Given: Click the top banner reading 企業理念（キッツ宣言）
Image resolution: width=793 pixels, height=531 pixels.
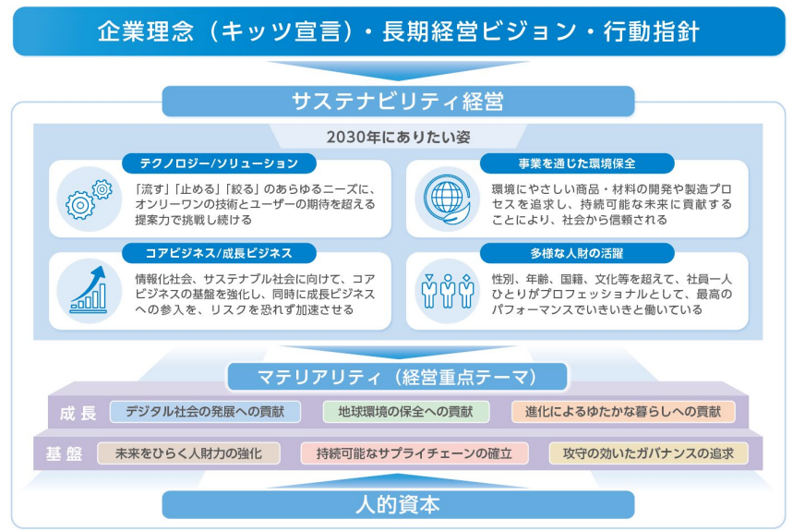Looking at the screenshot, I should tap(398, 30).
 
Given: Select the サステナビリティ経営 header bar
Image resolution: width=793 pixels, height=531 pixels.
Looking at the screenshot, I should tap(398, 101).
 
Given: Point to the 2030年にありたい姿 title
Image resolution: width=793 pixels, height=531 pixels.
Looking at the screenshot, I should tap(398, 137).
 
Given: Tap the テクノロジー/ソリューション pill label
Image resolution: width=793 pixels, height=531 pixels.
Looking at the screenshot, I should tap(220, 163).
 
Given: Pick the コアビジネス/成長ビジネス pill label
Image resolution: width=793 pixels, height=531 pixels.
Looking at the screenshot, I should tap(220, 253).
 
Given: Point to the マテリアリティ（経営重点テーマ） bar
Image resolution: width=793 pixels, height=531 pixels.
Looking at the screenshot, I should tap(398, 376).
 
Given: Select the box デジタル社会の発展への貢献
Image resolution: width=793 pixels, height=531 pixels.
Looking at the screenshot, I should tap(205, 412).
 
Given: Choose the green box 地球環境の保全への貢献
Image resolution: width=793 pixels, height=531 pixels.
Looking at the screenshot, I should tap(406, 412).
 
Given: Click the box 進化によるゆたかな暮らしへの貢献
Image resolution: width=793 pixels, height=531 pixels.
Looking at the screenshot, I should tap(623, 412).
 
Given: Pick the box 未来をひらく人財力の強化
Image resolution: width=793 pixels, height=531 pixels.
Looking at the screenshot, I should tap(189, 453).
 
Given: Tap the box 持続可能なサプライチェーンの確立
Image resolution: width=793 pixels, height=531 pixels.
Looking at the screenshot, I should tap(415, 453).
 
